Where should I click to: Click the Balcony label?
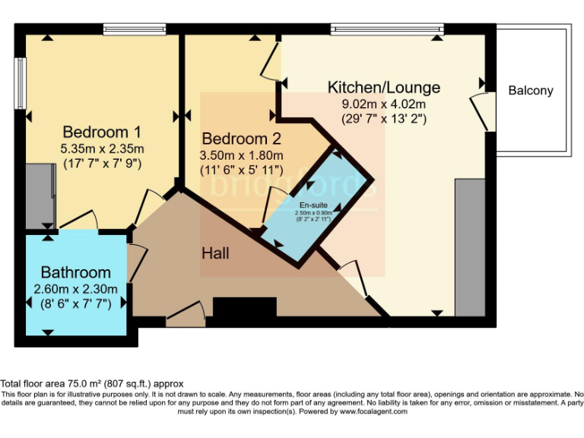pos(531,90)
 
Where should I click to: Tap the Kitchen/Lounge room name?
pos(383,87)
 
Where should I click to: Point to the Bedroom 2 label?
pos(241,139)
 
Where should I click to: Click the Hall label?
pos(216,252)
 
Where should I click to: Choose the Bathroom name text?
pos(75,272)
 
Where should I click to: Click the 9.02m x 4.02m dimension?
pos(383,104)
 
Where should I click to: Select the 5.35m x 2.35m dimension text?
pos(102,148)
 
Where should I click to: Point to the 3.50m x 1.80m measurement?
pos(241,156)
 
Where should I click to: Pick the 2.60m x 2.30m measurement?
pos(75,289)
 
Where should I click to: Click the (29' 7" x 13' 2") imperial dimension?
pos(383,119)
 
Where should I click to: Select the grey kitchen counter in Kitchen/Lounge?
pos(469,247)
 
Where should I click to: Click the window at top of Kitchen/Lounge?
pos(386,29)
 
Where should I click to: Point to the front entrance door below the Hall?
pos(186,314)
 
